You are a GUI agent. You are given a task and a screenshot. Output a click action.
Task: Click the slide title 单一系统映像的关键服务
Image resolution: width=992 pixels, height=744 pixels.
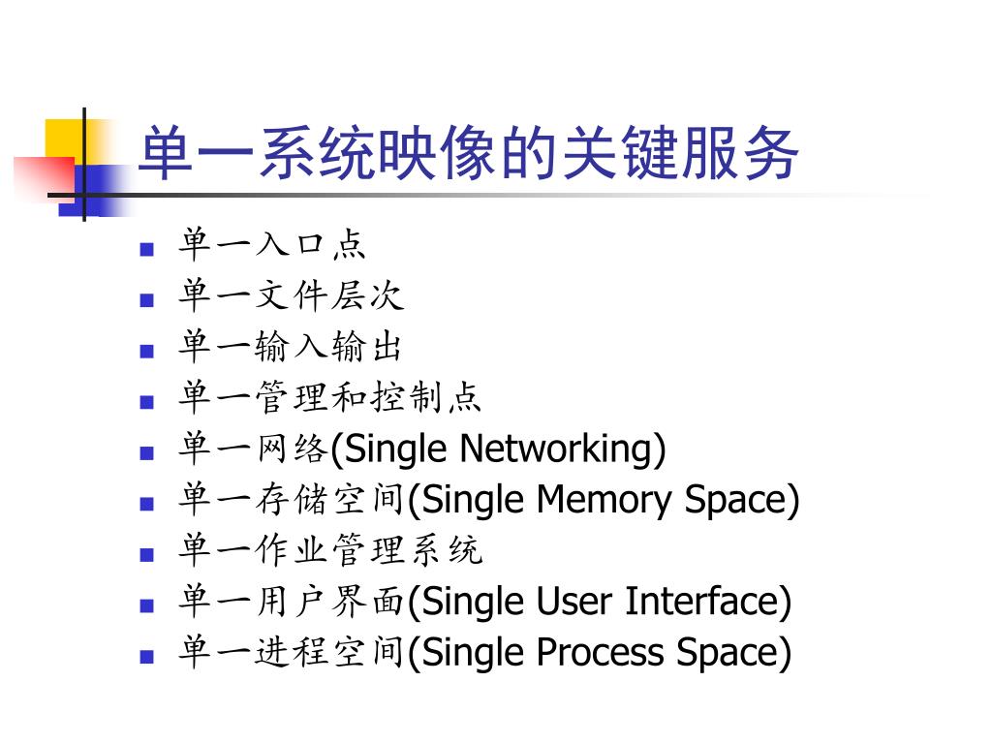(x=469, y=154)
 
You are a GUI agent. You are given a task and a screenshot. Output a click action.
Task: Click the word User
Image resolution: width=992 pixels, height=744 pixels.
(x=573, y=602)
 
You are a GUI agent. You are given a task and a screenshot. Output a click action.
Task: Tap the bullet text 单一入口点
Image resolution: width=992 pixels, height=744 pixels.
(x=272, y=245)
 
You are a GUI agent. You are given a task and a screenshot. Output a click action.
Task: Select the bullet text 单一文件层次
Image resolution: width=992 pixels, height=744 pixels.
(x=291, y=295)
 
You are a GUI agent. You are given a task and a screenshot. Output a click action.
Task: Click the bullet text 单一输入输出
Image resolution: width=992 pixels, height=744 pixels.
(x=291, y=347)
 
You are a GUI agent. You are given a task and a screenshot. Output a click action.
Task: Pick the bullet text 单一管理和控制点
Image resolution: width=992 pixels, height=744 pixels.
(x=329, y=397)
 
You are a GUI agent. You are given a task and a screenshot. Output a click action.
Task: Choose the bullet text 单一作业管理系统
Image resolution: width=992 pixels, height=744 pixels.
(x=329, y=550)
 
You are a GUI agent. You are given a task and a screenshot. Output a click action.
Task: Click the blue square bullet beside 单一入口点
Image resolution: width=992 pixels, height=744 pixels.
(x=147, y=249)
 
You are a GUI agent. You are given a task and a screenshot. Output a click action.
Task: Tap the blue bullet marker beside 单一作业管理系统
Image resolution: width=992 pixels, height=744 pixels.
(x=147, y=555)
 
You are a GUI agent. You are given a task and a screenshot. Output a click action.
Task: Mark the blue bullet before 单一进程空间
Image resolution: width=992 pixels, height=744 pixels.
(x=147, y=657)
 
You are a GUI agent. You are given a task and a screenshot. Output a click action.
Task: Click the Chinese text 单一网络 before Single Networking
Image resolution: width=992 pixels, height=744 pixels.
(x=254, y=449)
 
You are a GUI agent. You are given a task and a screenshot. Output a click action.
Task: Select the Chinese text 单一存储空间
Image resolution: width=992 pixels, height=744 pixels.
(x=291, y=500)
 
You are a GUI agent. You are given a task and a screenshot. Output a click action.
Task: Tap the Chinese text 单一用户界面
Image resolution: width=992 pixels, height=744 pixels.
(x=291, y=602)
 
